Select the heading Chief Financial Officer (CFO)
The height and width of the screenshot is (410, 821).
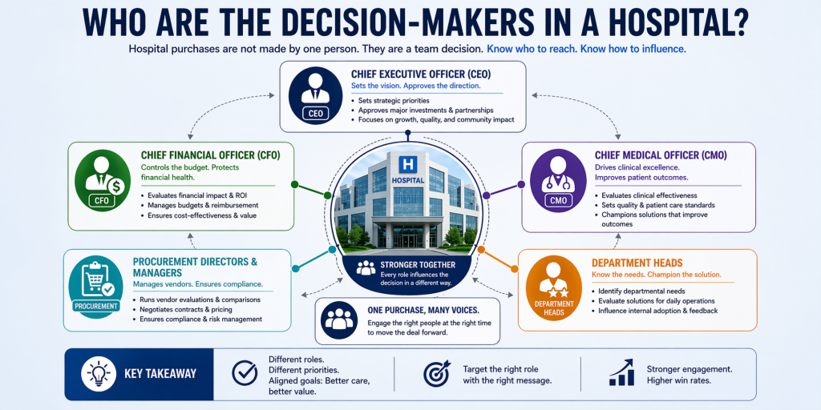pos(210,155)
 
